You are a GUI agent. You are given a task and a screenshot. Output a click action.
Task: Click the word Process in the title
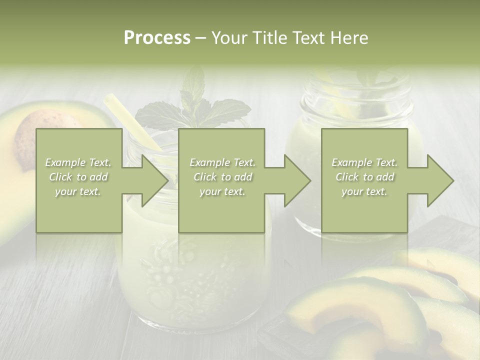coord(157,38)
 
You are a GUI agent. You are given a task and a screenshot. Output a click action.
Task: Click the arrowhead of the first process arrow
coord(155,180)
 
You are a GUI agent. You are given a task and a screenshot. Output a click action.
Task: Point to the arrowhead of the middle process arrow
coord(297,180)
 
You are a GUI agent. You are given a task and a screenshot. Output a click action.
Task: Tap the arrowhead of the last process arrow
coord(440,180)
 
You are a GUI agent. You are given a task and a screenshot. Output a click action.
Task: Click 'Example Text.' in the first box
coord(78,162)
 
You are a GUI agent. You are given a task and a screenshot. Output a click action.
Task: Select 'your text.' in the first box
coord(78,191)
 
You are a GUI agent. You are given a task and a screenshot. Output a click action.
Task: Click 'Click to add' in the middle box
coord(222,177)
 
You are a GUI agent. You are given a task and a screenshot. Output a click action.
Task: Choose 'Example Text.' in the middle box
coord(222,162)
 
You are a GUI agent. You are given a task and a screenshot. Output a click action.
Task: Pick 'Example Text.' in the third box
coord(364,162)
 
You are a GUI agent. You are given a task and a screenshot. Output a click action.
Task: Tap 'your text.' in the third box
coord(364,191)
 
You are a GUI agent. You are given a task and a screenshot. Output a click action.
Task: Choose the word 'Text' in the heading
coord(308,38)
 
